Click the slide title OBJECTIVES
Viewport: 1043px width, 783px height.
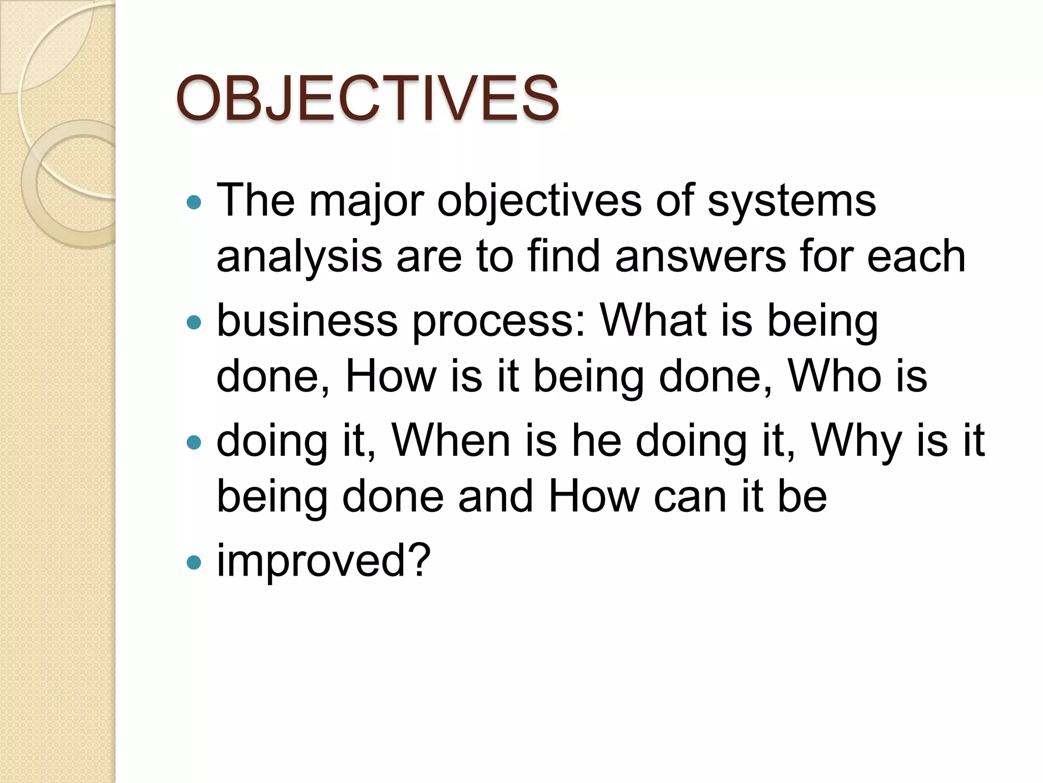tap(367, 98)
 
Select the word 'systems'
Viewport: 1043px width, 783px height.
tap(791, 201)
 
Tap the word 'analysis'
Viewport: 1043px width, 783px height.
tap(299, 257)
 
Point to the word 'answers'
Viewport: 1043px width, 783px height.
tap(701, 256)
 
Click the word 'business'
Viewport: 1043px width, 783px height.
tap(307, 321)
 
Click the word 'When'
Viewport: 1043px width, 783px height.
tap(451, 440)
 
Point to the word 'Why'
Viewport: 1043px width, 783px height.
tap(858, 441)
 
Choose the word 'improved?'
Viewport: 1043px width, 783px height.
tap(324, 561)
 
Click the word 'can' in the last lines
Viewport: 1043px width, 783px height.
tap(690, 497)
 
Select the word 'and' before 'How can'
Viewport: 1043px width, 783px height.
tap(495, 497)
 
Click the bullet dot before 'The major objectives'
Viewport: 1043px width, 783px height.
tap(194, 203)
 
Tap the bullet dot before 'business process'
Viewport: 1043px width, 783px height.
tap(194, 322)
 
